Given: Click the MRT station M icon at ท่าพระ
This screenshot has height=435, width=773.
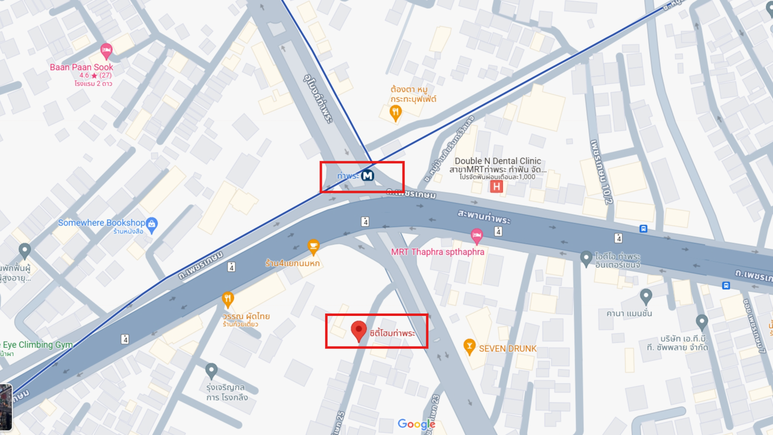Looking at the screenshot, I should [368, 175].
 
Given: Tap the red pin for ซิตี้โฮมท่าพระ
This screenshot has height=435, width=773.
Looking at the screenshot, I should [359, 331].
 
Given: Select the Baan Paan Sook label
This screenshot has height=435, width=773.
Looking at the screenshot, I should [81, 67].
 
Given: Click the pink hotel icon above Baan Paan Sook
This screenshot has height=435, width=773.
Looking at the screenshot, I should [106, 50].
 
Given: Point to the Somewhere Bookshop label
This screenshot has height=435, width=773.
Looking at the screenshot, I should [101, 223].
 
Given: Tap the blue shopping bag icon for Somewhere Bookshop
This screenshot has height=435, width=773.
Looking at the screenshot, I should [152, 224].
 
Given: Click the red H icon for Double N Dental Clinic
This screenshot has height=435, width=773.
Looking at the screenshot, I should [496, 186].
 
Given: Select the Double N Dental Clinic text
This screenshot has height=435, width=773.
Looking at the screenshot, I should [497, 161].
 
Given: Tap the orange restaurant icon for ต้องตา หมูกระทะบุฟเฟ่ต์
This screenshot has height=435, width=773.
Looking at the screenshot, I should [396, 113].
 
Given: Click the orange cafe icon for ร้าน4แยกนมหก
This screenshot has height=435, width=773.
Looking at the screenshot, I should [314, 246].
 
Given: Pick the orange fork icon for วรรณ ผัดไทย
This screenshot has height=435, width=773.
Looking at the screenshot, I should [228, 299].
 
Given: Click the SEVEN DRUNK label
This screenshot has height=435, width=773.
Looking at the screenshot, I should [508, 348].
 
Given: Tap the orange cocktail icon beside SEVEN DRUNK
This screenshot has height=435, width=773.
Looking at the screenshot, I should [469, 347].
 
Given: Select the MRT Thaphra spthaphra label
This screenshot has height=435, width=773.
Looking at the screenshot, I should [438, 252].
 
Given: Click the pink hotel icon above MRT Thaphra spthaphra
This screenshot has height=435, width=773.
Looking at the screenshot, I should [477, 236].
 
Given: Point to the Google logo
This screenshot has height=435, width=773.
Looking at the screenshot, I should [416, 424].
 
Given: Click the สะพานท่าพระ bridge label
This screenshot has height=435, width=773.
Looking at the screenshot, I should [484, 217].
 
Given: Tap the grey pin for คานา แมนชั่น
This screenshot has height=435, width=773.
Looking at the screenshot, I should [646, 296].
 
